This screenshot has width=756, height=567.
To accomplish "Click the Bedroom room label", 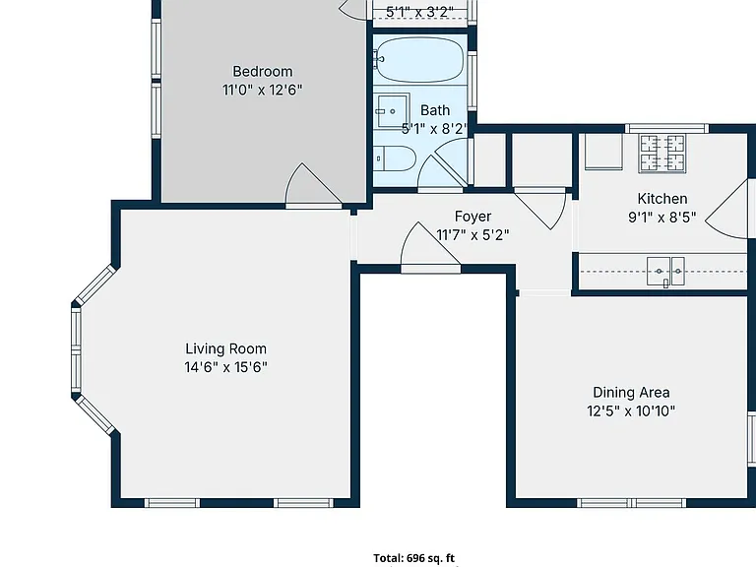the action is coord(262,71).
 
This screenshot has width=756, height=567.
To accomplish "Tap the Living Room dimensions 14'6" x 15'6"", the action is coord(225,367).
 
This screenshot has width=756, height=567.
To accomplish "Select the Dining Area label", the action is coord(631,393).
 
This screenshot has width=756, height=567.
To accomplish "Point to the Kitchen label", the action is coord(661,199).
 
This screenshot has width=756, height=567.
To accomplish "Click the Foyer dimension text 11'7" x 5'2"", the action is coord(472,235).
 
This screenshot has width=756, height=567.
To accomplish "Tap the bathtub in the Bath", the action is coord(419,60).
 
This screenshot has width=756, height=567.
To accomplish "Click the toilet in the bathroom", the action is coord(395,158).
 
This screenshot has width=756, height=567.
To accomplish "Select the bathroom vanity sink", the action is coord(391,111).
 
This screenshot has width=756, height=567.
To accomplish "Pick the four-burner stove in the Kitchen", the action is coord(661,154).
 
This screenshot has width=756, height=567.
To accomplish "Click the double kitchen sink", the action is coord(665,272).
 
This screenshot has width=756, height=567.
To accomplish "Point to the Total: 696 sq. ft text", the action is coord(413,558).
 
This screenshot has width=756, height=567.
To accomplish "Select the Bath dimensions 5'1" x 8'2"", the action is coord(435,129).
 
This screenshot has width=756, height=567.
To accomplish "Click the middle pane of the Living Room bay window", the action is coord(76,350).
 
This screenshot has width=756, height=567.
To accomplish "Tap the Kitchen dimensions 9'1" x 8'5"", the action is coord(661,218).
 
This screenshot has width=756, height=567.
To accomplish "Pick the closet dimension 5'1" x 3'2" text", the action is coord(419,12).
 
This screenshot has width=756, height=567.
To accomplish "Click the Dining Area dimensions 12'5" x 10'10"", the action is coord(631,411).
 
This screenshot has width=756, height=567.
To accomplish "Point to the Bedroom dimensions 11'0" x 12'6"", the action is coord(262,91).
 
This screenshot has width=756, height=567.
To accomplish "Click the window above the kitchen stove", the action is coord(666,128).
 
